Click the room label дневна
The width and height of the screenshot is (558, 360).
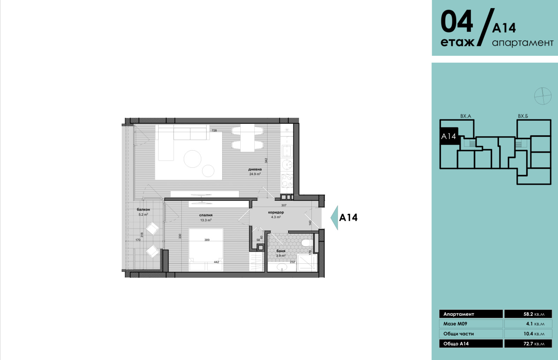[255, 169]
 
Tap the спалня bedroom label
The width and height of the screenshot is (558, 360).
[206, 215]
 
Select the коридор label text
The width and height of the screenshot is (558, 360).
[276, 212]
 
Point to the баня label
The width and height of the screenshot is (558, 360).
[281, 251]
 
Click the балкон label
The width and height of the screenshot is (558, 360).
[143, 210]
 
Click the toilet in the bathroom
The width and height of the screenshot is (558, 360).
[307, 243]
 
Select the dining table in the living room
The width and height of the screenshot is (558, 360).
[247, 138]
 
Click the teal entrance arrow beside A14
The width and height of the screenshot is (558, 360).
[334, 217]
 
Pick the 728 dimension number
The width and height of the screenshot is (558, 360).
[214, 130]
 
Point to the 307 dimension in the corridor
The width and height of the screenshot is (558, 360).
[284, 205]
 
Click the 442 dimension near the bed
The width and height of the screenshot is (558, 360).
[217, 262]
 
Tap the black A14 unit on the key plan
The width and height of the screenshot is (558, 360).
[448, 136]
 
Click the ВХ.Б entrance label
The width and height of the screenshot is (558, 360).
[523, 116]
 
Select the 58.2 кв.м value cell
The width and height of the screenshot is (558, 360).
[528, 314]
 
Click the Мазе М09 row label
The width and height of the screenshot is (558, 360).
[455, 324]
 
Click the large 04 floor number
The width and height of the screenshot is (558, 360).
[457, 21]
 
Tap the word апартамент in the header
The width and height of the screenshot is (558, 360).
[523, 43]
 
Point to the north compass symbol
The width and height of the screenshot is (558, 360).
[543, 96]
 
